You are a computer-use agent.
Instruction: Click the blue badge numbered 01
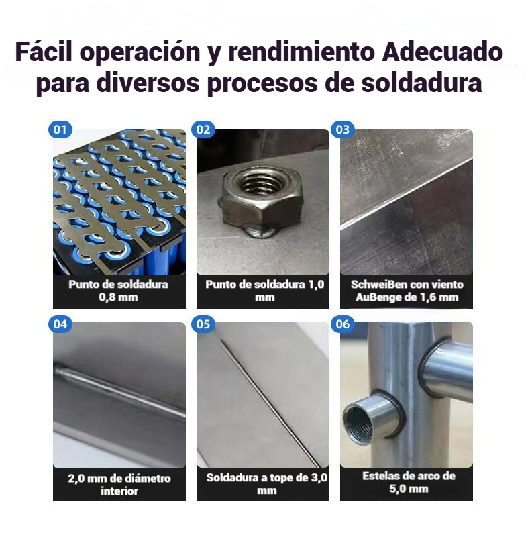[x=60, y=130]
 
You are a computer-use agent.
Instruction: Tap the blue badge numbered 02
[x=203, y=130]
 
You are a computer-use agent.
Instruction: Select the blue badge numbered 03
[x=343, y=130]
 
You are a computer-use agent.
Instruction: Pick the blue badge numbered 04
[x=60, y=324]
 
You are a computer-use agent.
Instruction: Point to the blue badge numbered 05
[x=203, y=324]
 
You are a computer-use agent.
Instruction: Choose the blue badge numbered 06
[x=343, y=324]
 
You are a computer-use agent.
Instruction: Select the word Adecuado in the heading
[x=442, y=52]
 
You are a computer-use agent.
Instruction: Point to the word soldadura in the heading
[x=421, y=83]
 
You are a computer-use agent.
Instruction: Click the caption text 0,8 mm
[x=118, y=297]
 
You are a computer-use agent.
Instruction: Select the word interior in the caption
[x=119, y=491]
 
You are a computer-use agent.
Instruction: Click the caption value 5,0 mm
[x=409, y=489]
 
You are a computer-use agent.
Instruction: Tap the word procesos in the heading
[x=262, y=83]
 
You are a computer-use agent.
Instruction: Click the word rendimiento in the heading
[x=301, y=52]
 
